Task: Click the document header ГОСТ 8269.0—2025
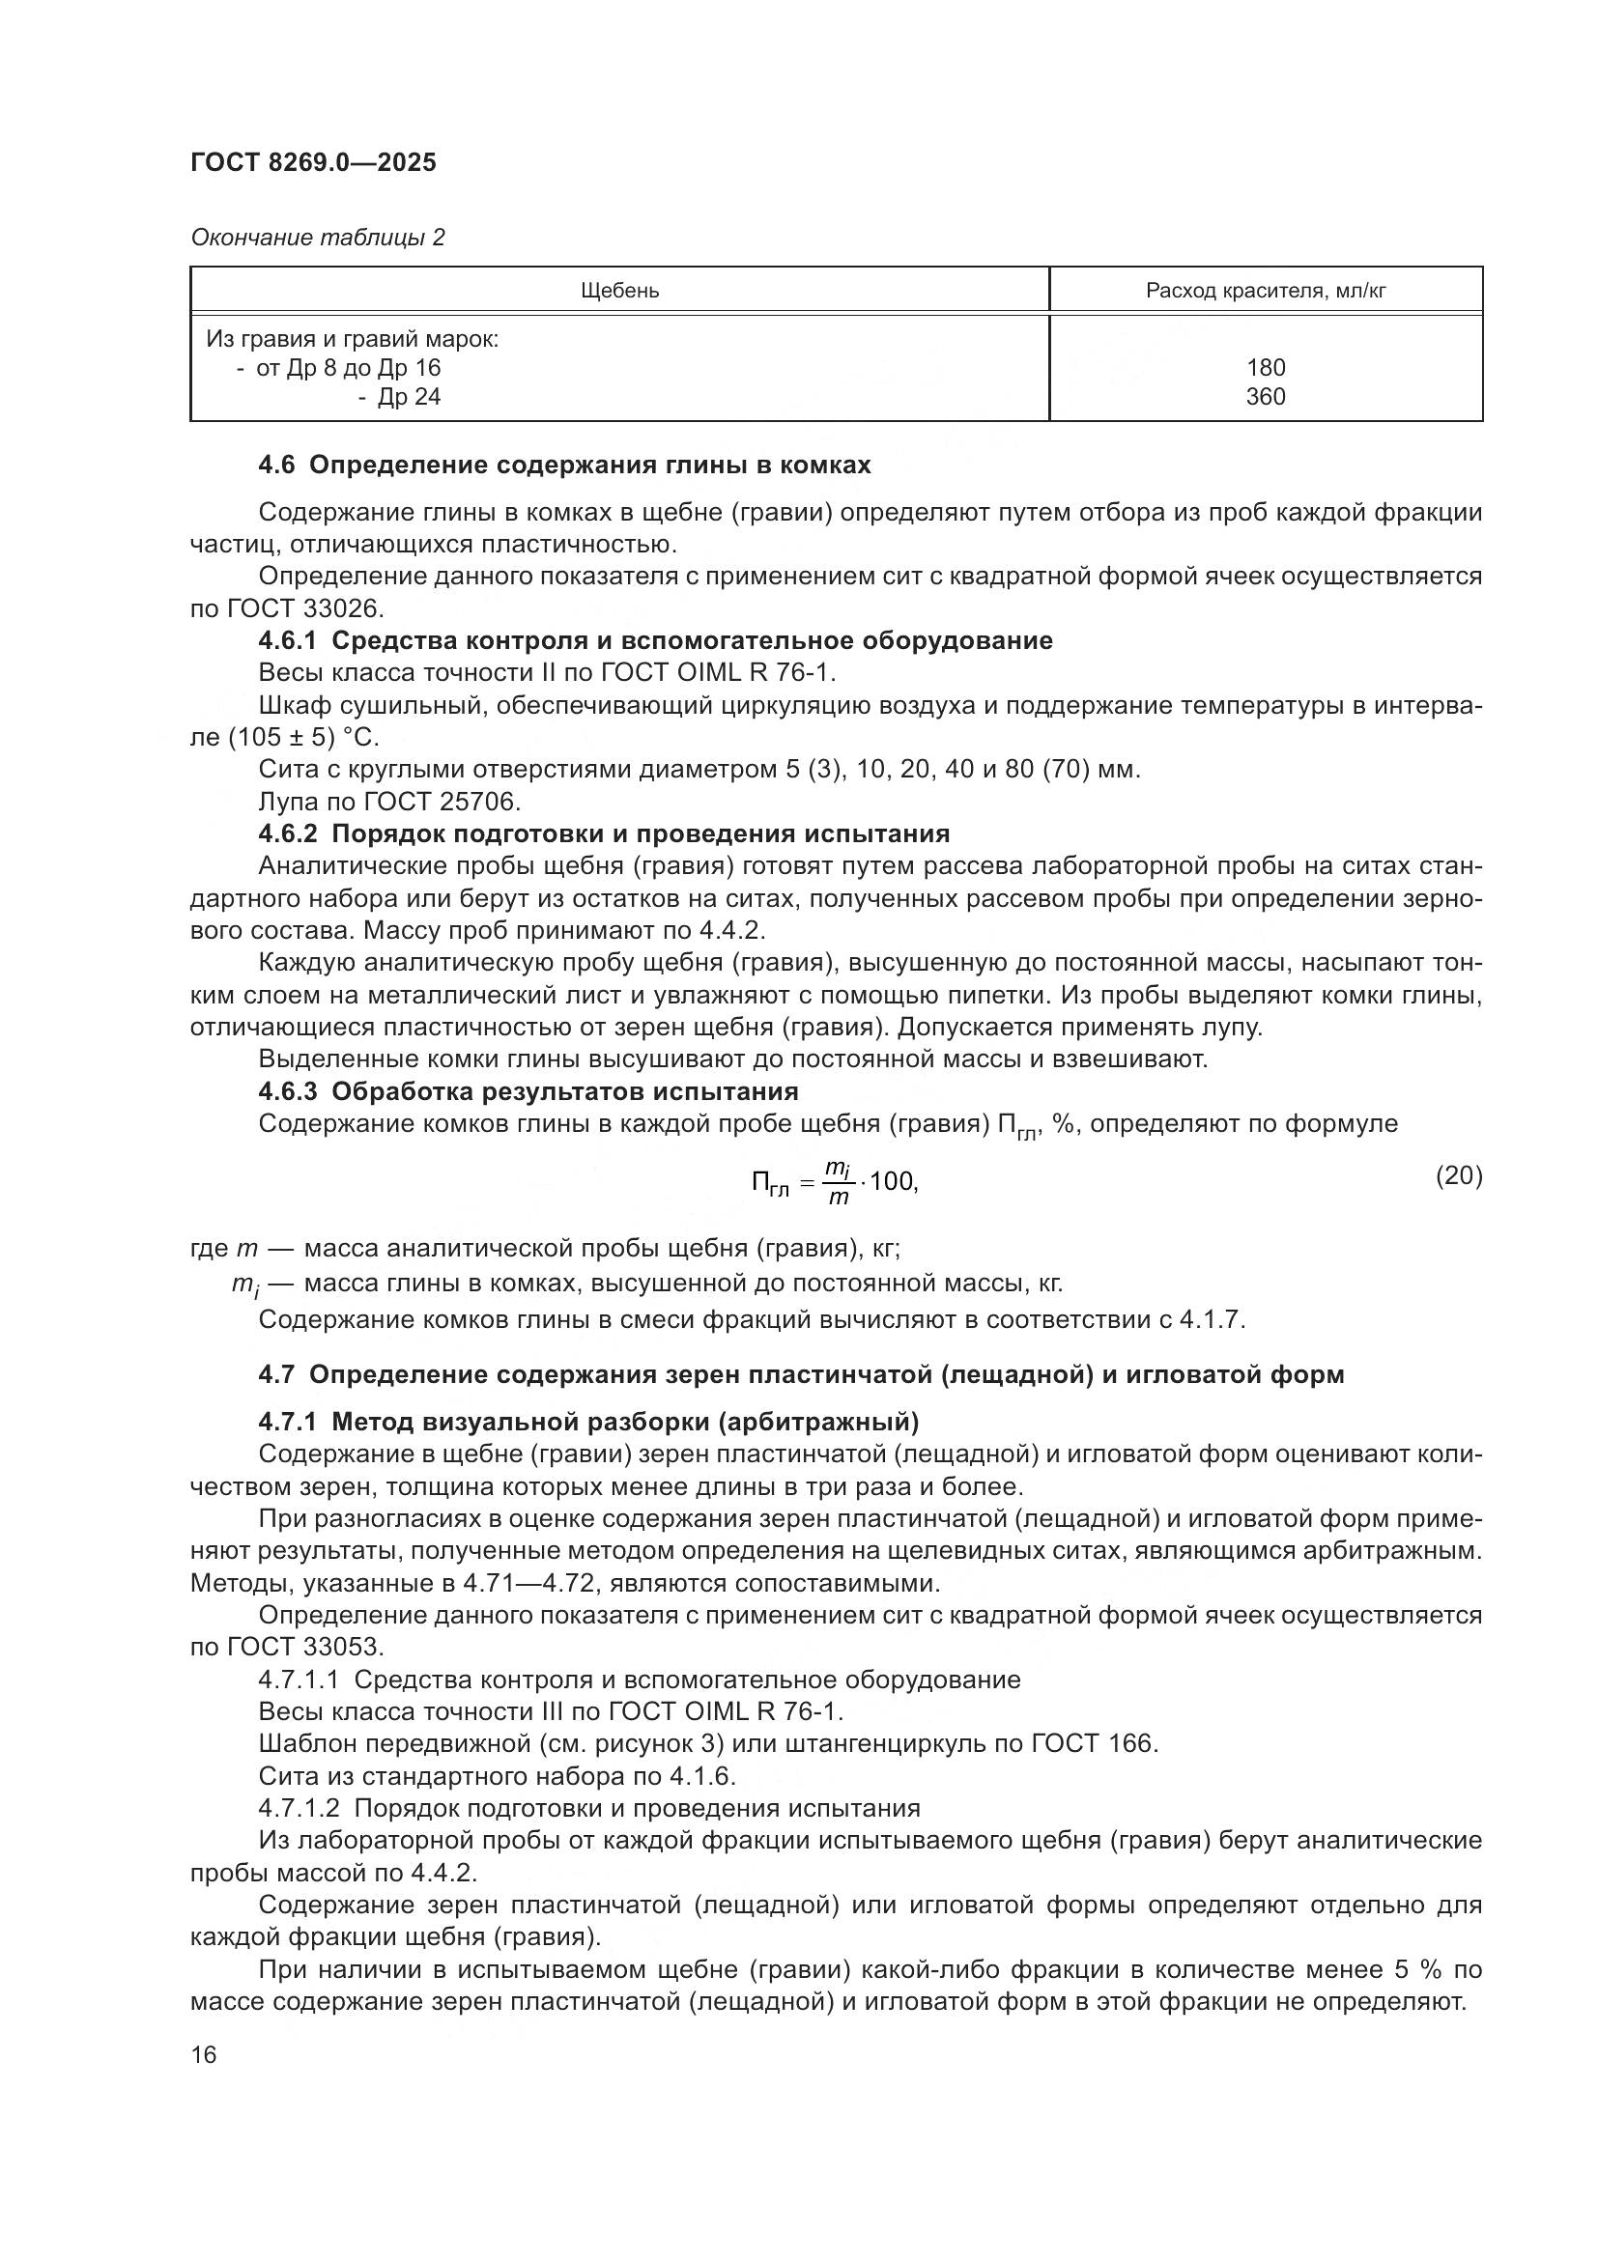[x=313, y=162]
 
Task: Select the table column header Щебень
[x=619, y=291]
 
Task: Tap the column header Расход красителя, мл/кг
[x=1266, y=291]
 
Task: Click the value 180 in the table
[x=1266, y=368]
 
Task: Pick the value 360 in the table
[x=1266, y=397]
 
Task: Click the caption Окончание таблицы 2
[x=318, y=238]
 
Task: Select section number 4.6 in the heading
[x=276, y=466]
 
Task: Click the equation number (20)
[x=1458, y=1174]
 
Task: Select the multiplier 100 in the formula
[x=892, y=1181]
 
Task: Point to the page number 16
[x=204, y=2054]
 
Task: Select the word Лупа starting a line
[x=286, y=801]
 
